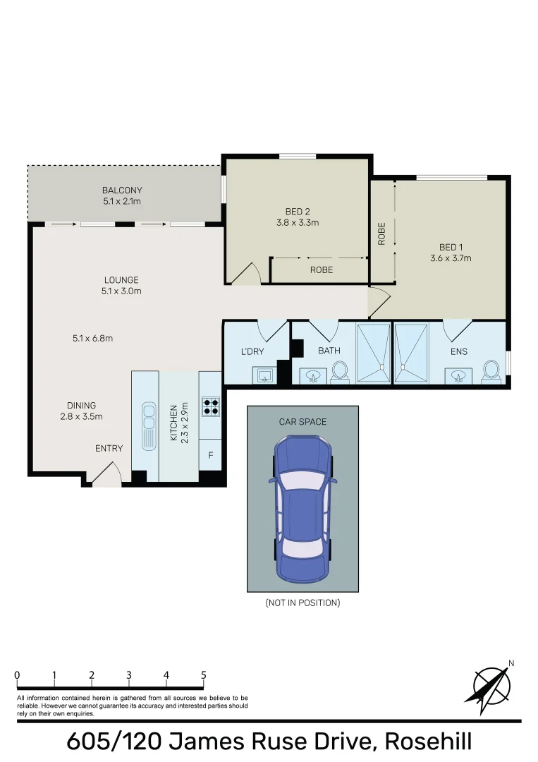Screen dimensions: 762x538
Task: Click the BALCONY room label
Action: pos(122,190)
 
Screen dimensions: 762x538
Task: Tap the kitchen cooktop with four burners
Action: pos(211,406)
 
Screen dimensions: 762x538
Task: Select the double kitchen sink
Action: pos(149,425)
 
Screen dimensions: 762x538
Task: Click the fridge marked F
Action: pos(210,456)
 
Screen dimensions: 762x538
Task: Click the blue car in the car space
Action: pos(302,507)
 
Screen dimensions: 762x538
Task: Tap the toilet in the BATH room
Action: pos(340,370)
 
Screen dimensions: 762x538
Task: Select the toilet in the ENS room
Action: pos(491,370)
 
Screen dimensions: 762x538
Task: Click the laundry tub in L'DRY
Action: pos(264,375)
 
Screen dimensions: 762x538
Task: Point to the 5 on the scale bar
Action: pos(204,675)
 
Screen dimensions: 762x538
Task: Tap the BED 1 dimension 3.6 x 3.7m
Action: pos(451,258)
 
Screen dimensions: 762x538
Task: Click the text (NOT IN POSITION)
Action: pos(302,603)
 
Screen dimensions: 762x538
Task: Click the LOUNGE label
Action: pos(122,279)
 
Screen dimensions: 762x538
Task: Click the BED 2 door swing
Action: pos(245,274)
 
